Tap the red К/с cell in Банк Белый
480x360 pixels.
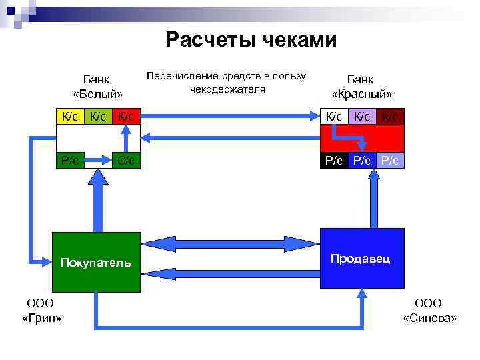[x=126, y=117]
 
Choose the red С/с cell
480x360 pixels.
[x=126, y=160]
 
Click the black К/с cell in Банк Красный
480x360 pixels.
[x=333, y=117]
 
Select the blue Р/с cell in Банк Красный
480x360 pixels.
[x=362, y=160]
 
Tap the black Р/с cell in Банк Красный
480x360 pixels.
[x=333, y=160]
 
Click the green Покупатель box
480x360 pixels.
[x=96, y=262]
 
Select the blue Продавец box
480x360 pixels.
[x=362, y=258]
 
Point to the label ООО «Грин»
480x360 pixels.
[x=41, y=311]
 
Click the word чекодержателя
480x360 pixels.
[x=227, y=89]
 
